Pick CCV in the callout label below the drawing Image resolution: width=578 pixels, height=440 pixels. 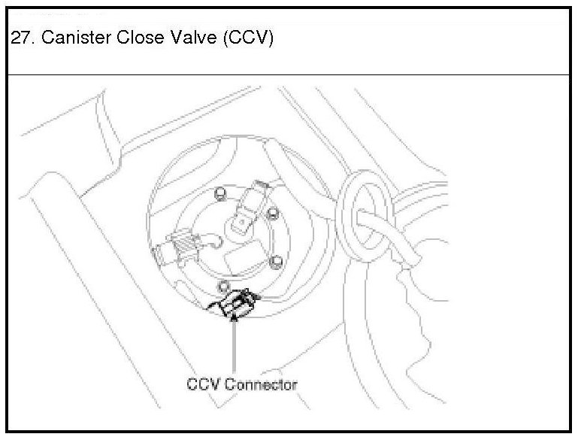202,384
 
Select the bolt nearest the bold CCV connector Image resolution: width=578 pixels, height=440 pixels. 222,285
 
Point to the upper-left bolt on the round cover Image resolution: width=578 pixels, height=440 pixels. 219,194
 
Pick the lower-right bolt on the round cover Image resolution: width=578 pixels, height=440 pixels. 277,261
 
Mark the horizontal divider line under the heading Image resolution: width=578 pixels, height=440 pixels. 289,74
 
